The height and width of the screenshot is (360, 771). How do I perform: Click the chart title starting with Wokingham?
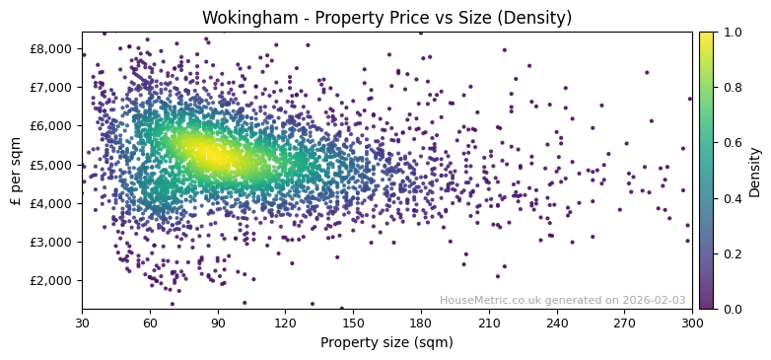(386, 17)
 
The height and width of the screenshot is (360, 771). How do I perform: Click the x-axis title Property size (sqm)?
(386, 342)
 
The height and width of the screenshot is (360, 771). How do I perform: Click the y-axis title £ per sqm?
(16, 171)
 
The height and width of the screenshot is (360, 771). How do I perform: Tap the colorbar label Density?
(754, 171)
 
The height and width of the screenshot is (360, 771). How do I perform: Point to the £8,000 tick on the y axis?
(51, 48)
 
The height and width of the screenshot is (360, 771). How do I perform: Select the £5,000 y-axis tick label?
(51, 165)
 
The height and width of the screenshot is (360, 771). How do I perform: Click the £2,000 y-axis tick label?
(51, 280)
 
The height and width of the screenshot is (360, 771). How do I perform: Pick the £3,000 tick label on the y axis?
(51, 242)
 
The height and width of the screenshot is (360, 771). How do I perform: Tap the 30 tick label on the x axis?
(82, 323)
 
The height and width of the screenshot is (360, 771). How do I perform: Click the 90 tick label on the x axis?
(218, 323)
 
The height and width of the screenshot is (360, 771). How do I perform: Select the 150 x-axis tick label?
(353, 323)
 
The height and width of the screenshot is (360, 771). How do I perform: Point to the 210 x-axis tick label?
(489, 323)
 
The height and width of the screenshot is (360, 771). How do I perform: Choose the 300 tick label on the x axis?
(692, 323)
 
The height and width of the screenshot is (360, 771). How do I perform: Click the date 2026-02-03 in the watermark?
(655, 300)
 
